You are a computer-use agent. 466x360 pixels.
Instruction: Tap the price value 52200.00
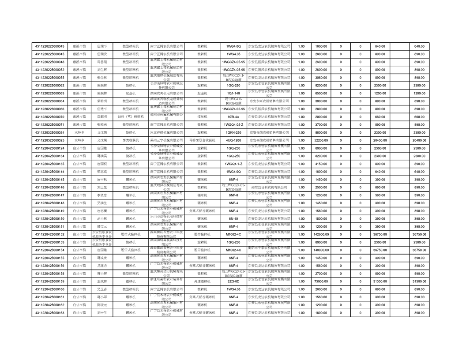click(321, 140)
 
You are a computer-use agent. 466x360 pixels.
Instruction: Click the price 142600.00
click(321, 234)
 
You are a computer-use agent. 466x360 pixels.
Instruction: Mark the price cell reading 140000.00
click(321, 250)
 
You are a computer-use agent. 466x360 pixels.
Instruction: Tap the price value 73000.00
click(321, 281)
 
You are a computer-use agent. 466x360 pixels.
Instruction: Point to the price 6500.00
click(321, 94)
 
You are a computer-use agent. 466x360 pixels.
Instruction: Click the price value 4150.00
click(321, 164)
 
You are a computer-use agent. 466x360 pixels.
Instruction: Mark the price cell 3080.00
click(321, 78)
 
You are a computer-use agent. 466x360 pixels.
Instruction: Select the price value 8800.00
click(321, 132)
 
